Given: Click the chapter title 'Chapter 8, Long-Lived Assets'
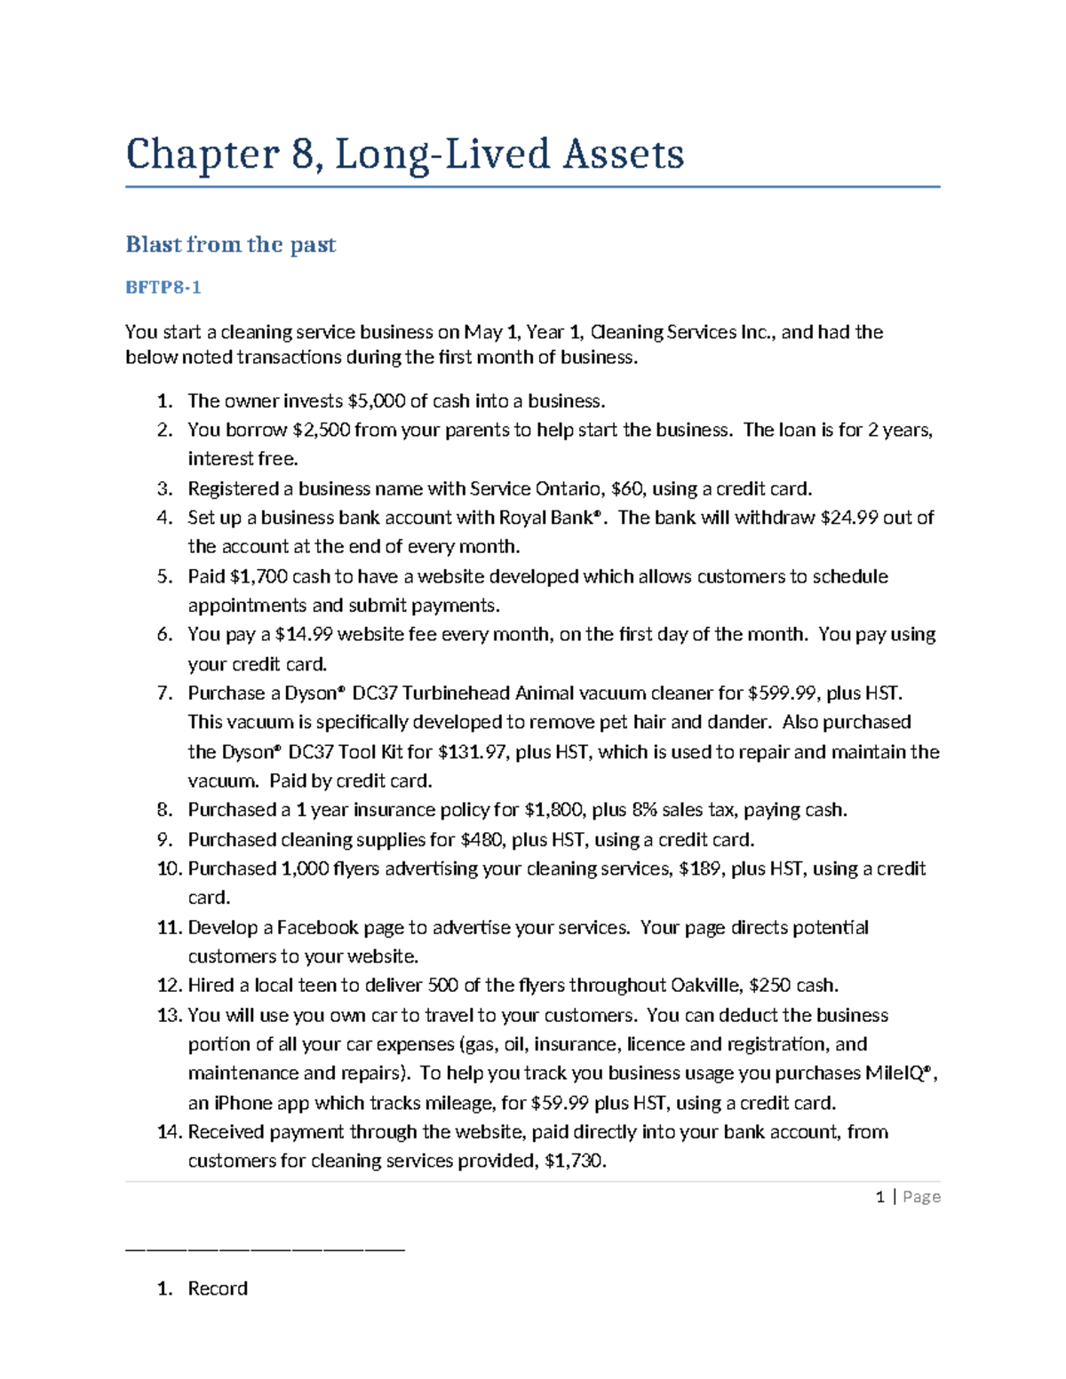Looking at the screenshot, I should click(x=405, y=154).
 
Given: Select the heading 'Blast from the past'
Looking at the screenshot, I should click(x=231, y=244).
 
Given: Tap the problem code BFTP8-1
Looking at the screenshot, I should click(x=163, y=287).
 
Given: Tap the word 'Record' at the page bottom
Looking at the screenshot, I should click(x=218, y=1288).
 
